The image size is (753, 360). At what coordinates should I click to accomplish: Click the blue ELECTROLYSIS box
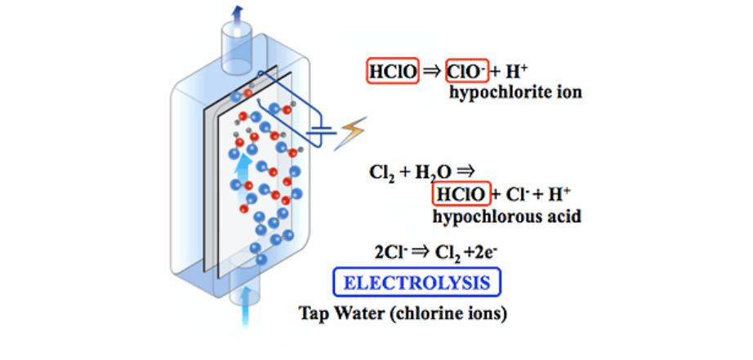click(417, 283)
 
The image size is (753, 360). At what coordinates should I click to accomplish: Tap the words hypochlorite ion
click(515, 92)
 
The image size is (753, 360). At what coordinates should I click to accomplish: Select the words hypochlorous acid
click(506, 216)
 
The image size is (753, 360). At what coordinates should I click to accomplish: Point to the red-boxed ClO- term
click(466, 72)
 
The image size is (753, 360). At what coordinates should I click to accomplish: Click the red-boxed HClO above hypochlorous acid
click(461, 194)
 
